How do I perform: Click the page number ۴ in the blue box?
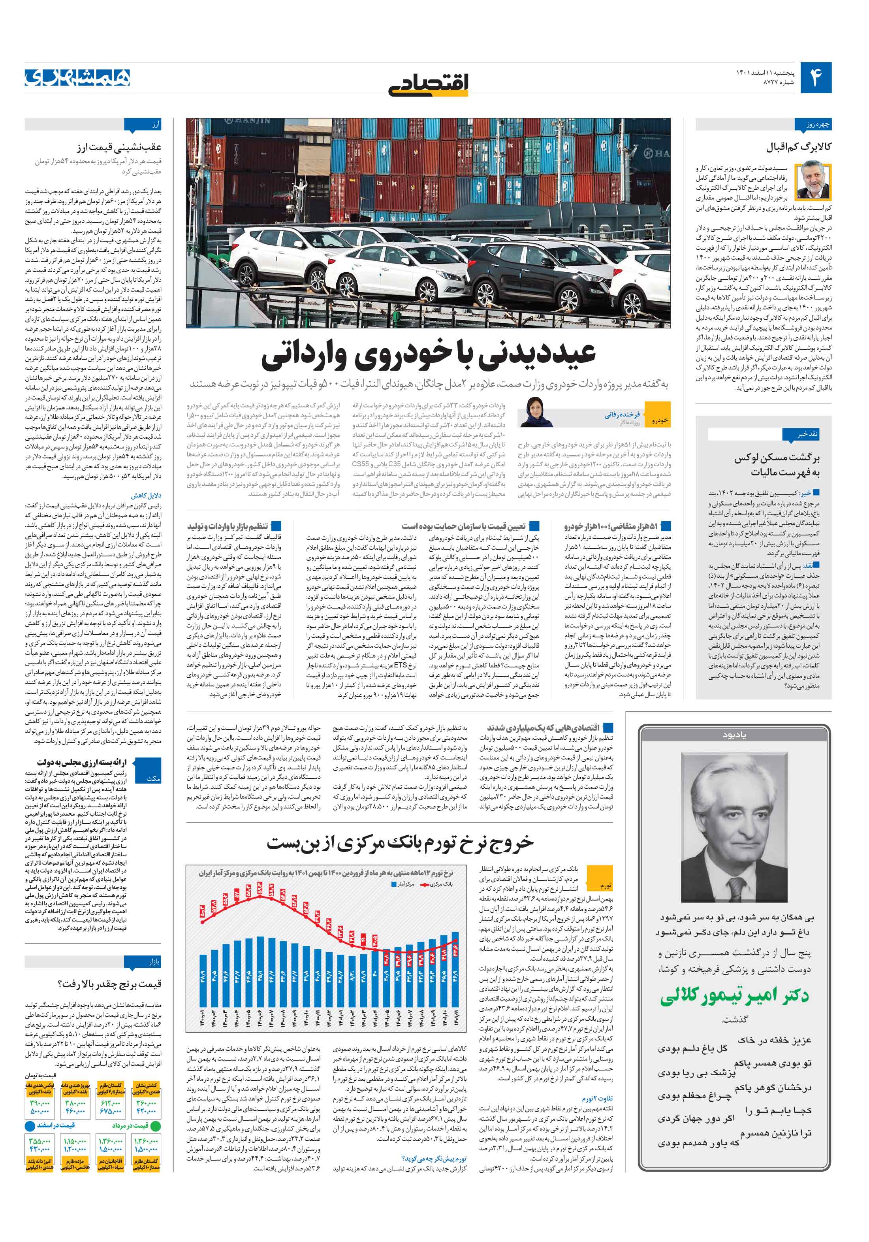[815, 77]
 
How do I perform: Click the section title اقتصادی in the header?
[428, 84]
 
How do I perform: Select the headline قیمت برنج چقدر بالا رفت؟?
[109, 984]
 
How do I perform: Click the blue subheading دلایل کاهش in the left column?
[146, 496]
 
